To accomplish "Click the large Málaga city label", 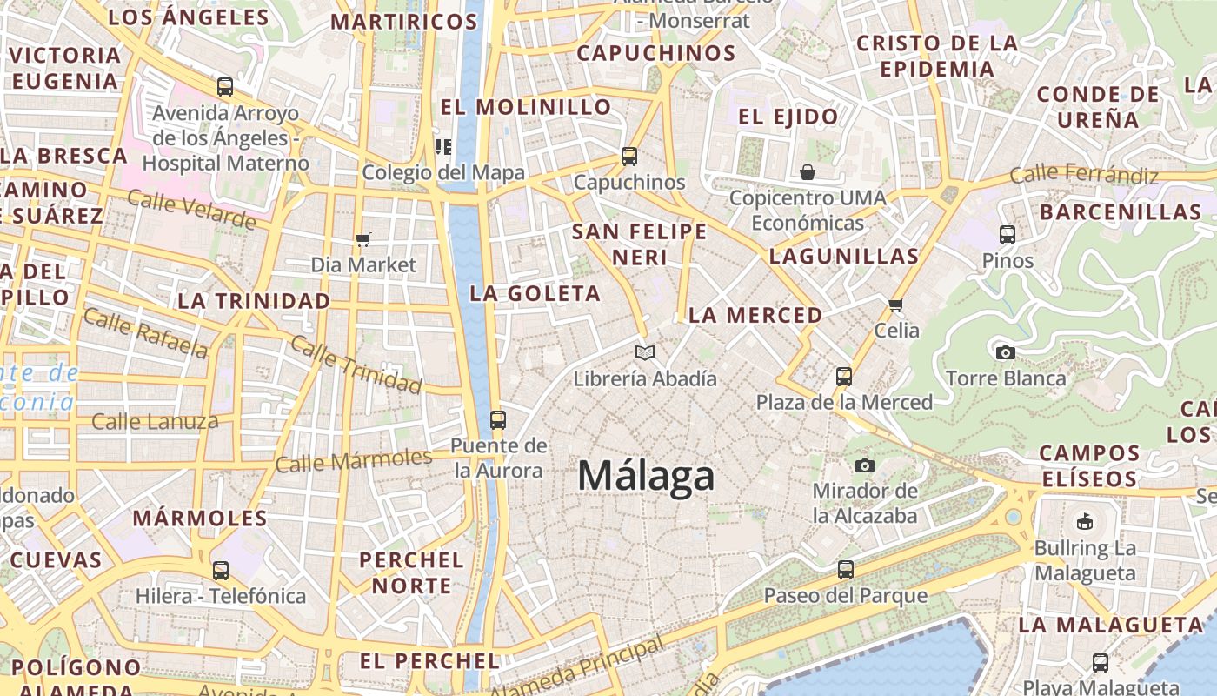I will click(646, 476).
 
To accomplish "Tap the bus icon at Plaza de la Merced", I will click(844, 377).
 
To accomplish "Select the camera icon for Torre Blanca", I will click(1006, 352).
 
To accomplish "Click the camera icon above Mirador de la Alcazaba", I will click(864, 465).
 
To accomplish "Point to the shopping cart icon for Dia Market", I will click(363, 239).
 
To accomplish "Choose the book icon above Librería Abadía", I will click(644, 352).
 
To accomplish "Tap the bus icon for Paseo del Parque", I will click(846, 570).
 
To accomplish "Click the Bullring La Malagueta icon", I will click(1084, 522).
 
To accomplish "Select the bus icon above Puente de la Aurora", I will click(497, 420).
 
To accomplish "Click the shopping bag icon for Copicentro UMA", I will click(808, 172).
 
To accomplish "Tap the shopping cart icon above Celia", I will click(896, 304).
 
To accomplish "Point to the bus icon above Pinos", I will click(1008, 235).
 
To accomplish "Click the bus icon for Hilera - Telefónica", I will click(221, 571).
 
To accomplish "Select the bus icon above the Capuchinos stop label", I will click(629, 157).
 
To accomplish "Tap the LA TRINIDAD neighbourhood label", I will click(254, 301).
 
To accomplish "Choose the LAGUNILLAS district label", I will click(843, 256).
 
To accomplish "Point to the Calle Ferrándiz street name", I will click(1084, 175).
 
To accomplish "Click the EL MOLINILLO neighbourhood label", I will click(526, 107).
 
